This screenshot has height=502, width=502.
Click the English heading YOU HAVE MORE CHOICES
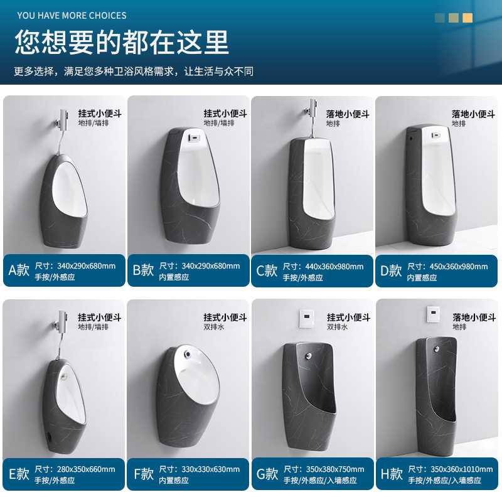coord(72,15)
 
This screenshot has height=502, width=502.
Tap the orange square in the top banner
coord(467,18)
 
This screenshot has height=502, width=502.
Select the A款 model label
coord(19,270)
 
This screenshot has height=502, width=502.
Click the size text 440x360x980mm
coord(334,266)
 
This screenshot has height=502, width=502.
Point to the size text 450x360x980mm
coord(459,266)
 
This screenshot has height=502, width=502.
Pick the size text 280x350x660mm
coord(86,469)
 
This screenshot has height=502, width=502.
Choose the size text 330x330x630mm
coord(210,469)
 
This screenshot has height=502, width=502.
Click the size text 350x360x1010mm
coord(461,469)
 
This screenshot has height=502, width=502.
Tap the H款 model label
coord(391,474)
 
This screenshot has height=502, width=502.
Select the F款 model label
coord(144,474)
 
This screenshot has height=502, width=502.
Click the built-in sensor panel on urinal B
coord(194,138)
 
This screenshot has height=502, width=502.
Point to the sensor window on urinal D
coord(435,135)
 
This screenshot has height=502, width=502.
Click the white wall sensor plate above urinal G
coord(306,319)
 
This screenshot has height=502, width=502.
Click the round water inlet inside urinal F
coord(187,354)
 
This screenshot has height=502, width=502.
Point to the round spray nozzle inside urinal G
coord(308,355)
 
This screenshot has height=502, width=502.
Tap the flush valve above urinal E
coord(61,323)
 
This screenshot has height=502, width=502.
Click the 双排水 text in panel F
coord(214,327)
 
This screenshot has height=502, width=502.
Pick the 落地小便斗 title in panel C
coord(348,114)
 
